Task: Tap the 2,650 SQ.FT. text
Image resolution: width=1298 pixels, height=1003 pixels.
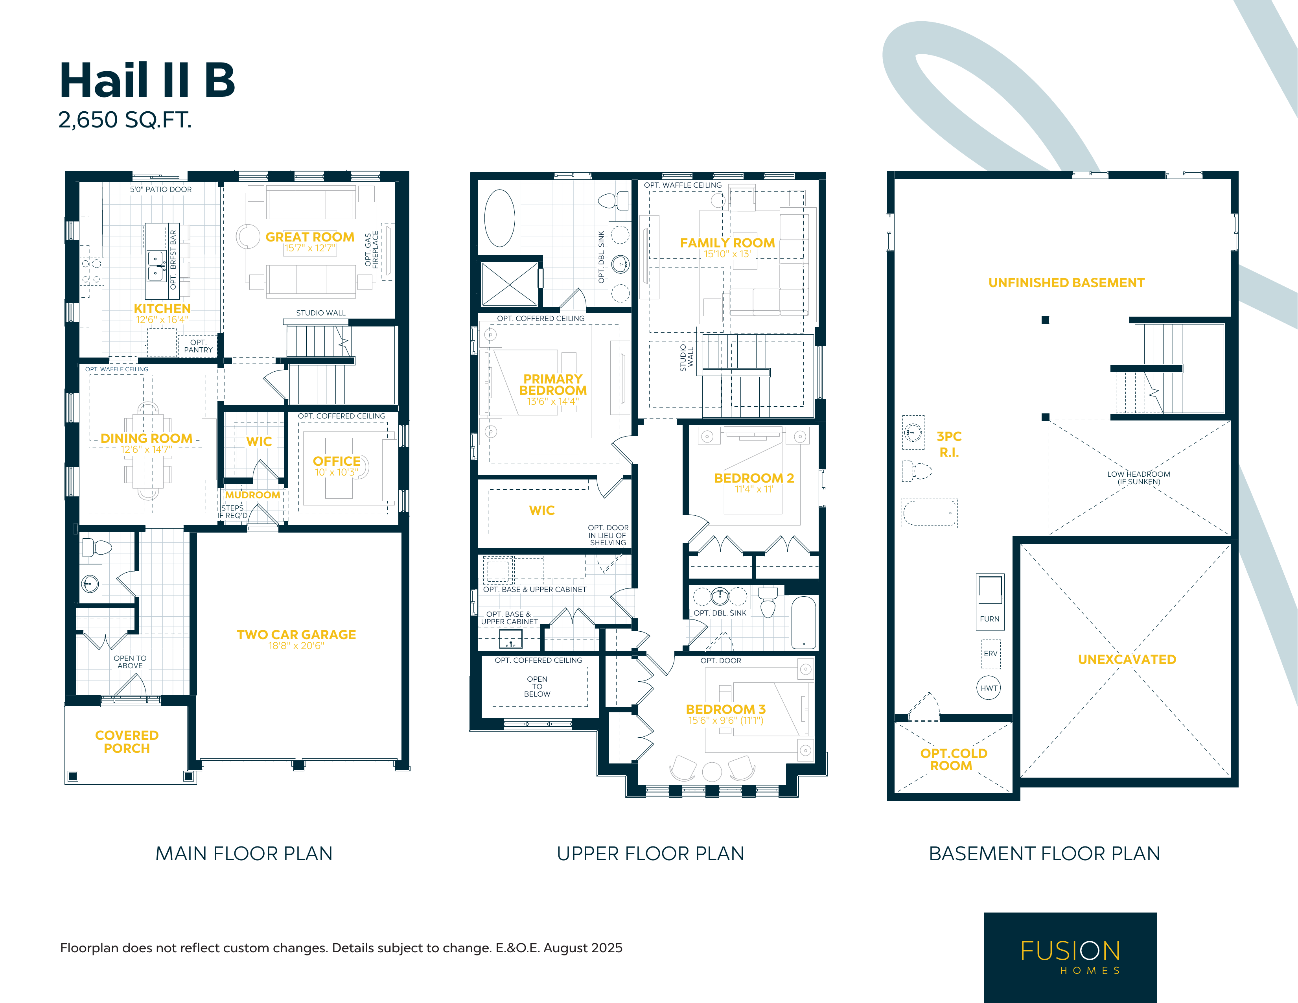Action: tap(125, 120)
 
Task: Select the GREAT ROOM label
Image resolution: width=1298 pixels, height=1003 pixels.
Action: tap(309, 237)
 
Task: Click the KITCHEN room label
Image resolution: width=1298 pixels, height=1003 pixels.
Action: tap(162, 308)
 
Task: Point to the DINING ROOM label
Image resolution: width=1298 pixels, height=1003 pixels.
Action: tap(147, 438)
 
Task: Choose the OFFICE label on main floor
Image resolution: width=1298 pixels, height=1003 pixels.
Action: tap(336, 461)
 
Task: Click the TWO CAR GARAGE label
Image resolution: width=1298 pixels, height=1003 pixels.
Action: tap(296, 634)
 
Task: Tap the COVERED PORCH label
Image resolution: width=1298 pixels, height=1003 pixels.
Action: tap(127, 742)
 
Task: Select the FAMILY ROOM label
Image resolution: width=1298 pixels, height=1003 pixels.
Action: tap(727, 243)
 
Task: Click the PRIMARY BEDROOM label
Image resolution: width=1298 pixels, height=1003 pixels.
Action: tap(553, 385)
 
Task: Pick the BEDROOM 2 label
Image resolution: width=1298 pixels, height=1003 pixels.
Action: tap(754, 478)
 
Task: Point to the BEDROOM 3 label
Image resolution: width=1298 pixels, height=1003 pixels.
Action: tap(725, 709)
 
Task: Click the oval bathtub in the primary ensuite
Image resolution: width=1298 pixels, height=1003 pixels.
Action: tap(499, 218)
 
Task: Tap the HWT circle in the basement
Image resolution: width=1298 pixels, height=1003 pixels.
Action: tap(989, 688)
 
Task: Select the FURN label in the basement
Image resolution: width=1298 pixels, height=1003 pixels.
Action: tap(990, 619)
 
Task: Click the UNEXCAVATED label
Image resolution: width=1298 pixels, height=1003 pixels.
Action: tap(1127, 659)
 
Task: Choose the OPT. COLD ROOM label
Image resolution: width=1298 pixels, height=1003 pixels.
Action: tap(953, 759)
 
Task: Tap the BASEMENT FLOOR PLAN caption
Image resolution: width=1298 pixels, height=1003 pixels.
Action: tap(1044, 854)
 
